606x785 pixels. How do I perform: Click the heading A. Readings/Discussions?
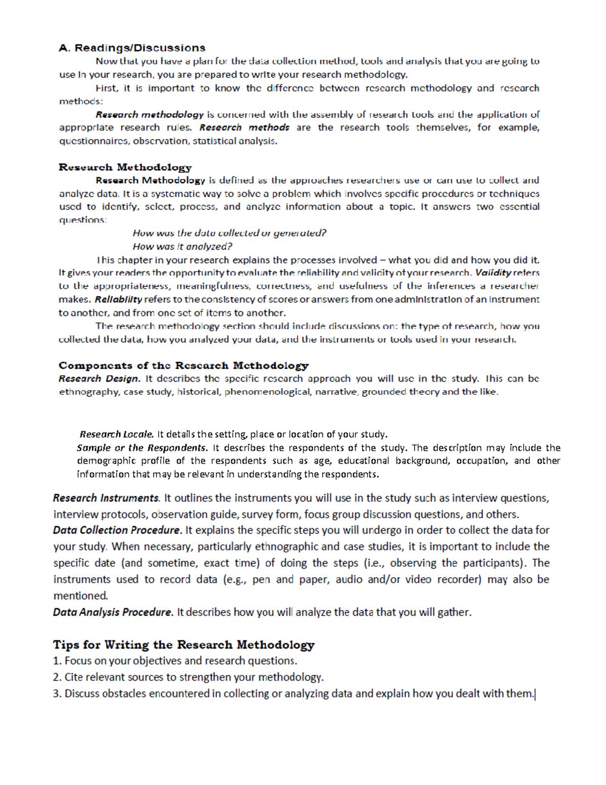click(132, 48)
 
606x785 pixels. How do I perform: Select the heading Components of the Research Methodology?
click(183, 365)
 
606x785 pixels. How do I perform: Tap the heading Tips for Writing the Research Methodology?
click(183, 644)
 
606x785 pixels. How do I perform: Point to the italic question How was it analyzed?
click(182, 247)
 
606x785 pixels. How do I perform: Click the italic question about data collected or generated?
click(229, 233)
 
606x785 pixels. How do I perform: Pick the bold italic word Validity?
click(493, 273)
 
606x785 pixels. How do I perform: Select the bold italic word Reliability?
click(118, 299)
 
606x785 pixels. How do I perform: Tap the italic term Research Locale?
click(116, 434)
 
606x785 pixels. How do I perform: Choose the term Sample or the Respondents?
click(142, 448)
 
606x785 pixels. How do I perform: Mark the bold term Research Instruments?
click(106, 498)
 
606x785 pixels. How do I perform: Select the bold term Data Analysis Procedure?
click(113, 612)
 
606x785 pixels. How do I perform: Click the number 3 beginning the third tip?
click(56, 694)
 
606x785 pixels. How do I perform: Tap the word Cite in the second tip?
click(74, 677)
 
